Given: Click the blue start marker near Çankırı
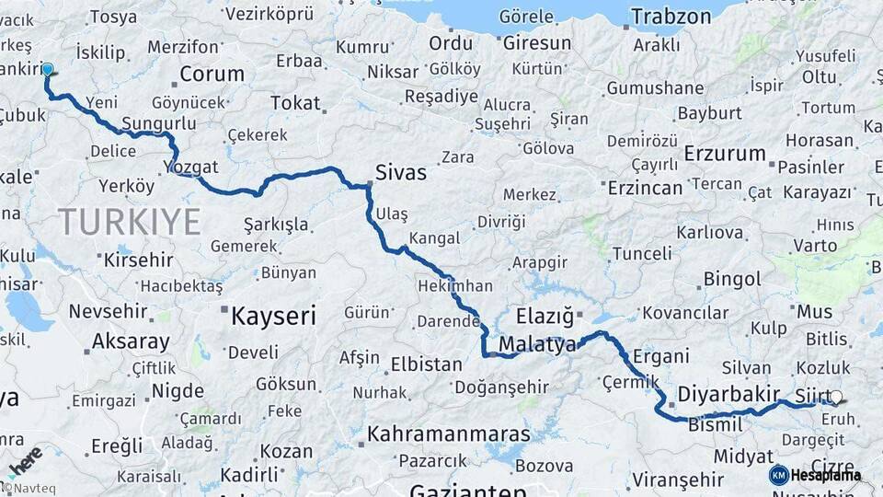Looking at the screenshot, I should point(47,69).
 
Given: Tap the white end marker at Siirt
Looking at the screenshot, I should point(835,398).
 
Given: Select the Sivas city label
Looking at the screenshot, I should point(400,171).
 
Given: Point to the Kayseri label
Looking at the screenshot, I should point(272,318).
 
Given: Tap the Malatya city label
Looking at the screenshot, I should point(537,345).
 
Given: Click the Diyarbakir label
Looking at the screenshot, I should point(728,394).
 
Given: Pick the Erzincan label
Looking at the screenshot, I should point(645,188).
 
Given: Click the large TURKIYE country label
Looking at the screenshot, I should point(129,222).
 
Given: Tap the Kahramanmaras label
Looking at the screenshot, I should point(449,433).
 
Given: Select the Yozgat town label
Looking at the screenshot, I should point(191,168).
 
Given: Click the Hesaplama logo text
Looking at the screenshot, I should point(826,475).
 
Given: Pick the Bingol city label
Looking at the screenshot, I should point(732,279).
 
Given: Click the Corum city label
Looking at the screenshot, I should point(212,74).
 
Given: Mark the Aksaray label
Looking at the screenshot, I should point(131,341).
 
